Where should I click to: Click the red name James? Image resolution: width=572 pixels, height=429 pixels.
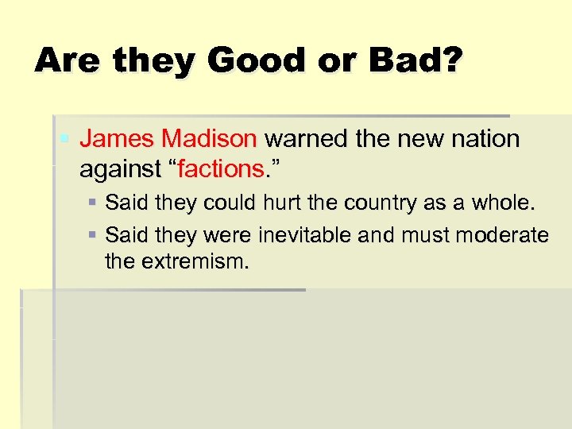[x=118, y=140]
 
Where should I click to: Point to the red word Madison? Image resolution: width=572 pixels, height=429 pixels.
[x=209, y=140]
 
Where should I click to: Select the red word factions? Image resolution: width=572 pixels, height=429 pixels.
[x=220, y=168]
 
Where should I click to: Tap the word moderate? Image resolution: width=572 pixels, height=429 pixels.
[x=506, y=235]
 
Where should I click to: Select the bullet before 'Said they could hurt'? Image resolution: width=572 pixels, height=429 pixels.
[x=93, y=203]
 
